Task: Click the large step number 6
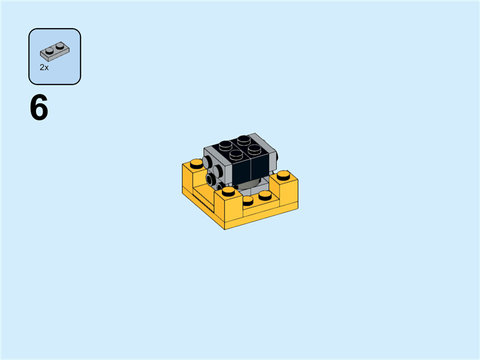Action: click(39, 109)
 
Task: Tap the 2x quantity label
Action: click(44, 68)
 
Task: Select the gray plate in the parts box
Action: click(54, 52)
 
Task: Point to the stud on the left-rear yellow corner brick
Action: click(196, 163)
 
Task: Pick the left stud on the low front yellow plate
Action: click(248, 199)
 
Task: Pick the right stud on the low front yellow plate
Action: click(265, 194)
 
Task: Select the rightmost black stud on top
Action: click(255, 148)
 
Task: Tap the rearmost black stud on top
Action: click(244, 140)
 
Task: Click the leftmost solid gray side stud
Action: click(206, 161)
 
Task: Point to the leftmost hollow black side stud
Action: click(211, 178)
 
